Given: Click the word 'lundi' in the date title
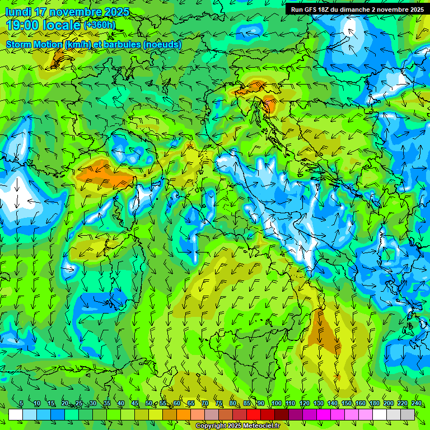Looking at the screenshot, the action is pos(18,12).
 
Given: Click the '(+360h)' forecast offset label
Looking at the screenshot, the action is pos(100,25).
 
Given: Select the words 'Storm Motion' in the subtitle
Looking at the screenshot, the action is pos(34,44).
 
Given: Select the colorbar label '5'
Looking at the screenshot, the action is pos(21,404).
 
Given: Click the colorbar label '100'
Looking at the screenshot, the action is pos(276,404).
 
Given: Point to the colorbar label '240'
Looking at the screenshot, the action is pos(417,404).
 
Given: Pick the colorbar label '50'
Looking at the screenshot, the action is pos(148,404).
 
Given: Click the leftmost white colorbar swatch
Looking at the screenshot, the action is pos(16,414).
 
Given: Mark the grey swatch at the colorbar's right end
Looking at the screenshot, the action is pos(408,414).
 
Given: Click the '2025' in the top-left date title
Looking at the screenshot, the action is pos(116,12).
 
